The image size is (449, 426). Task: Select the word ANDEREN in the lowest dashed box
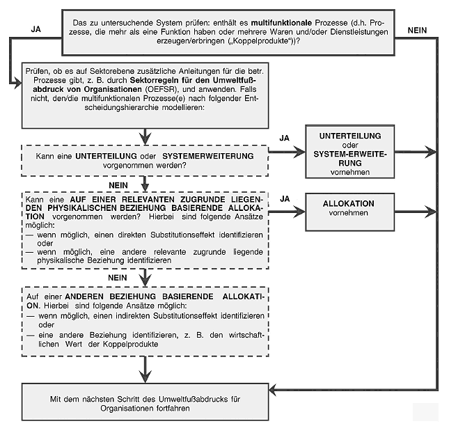tap(81, 296)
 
